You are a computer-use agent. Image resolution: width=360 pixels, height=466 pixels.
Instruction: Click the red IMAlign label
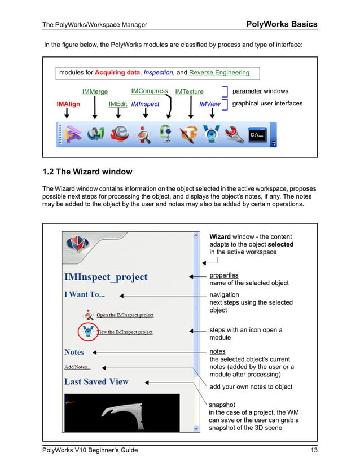pos(68,104)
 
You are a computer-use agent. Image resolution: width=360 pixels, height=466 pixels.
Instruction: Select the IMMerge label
pos(95,91)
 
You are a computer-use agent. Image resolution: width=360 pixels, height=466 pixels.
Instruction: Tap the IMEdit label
pos(118,104)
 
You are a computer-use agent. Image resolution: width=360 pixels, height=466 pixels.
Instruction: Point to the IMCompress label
pos(150,91)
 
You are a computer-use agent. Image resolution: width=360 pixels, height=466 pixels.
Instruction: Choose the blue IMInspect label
pos(145,104)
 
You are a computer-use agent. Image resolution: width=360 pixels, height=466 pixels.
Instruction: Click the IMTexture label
pos(189,91)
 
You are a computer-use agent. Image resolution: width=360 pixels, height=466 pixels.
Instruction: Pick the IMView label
pos(210,104)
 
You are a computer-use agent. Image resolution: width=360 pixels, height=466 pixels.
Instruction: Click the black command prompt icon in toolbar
pos(258,135)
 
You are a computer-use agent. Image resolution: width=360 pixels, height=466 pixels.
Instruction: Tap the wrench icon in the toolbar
pos(235,135)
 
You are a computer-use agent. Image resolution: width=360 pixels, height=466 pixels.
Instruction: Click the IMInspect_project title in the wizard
pos(106,277)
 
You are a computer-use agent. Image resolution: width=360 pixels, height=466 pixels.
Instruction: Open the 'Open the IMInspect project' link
pos(125,315)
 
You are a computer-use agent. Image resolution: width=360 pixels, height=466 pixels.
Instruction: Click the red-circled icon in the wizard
pos(88,331)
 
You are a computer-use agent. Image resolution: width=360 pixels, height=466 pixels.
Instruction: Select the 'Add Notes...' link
pos(77,367)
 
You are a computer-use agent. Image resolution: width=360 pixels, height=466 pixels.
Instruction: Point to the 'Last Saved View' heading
pos(96,382)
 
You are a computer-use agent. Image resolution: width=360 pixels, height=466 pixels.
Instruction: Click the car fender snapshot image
pos(122,411)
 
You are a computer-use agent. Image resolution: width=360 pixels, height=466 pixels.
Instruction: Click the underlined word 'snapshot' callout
pos(223,405)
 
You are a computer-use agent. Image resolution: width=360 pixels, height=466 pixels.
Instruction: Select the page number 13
pos(314,450)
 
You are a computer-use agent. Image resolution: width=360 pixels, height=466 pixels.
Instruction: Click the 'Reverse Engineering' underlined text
pos(219,72)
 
